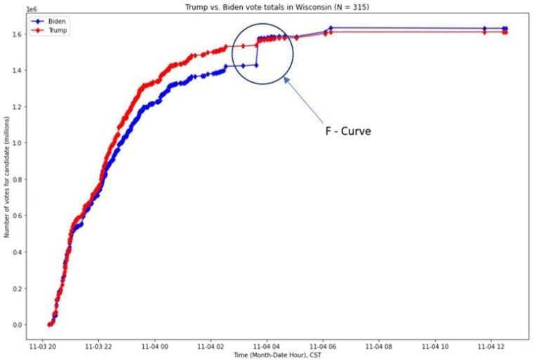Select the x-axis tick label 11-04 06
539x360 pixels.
[324, 346]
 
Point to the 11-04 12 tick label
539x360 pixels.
[489, 346]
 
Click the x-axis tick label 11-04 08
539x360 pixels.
[379, 346]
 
